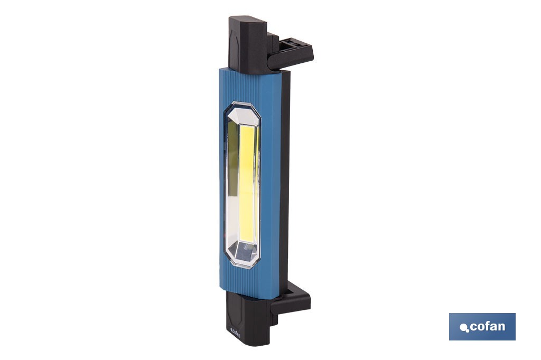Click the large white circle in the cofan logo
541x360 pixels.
(463, 327)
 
